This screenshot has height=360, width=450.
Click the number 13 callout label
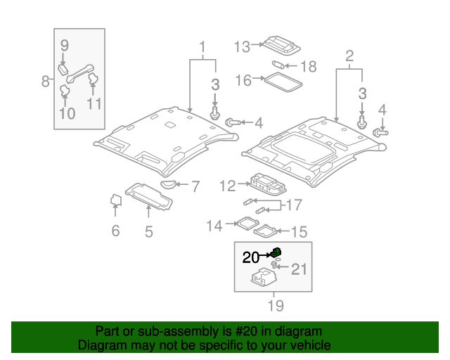tap(242, 47)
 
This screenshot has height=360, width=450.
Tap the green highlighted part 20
tap(278, 252)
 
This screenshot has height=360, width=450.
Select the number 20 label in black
tap(251, 257)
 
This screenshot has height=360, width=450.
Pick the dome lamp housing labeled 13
tap(281, 44)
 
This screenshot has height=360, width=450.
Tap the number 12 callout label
tap(228, 186)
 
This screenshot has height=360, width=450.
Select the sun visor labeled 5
tap(149, 196)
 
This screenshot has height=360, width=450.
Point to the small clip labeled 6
tap(117, 201)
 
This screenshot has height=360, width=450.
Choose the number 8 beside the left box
tap(46, 81)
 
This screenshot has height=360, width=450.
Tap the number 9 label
tap(64, 46)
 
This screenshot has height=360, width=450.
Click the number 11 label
tap(94, 103)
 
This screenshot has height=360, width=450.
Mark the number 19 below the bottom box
tap(275, 306)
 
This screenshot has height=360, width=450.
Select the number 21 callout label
tap(300, 269)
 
